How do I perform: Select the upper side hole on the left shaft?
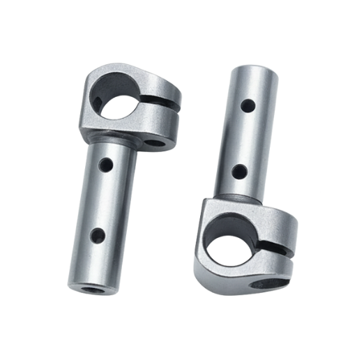(106, 165)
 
